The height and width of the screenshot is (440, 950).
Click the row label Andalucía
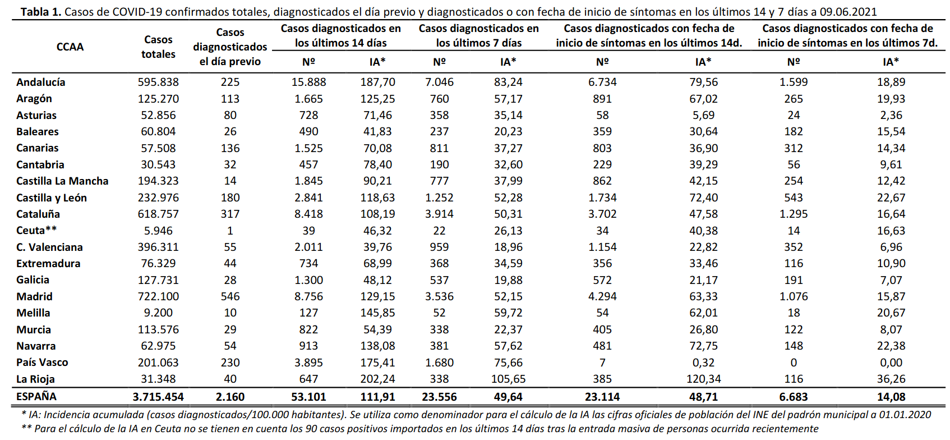coord(40,82)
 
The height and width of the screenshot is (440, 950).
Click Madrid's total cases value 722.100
coord(158,296)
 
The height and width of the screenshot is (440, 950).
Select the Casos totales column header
coord(158,47)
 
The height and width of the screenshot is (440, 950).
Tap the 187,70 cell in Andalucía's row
coord(377,82)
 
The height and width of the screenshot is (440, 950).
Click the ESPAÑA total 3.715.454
coord(158,397)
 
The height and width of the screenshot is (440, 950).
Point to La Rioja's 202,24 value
coord(377,379)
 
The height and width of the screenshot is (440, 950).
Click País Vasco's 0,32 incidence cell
coord(703,363)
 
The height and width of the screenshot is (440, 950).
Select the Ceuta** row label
coord(36,231)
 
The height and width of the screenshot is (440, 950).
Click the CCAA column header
coord(70,47)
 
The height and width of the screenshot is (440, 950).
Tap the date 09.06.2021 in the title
coord(848,12)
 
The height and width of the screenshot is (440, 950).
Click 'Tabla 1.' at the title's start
coord(41,12)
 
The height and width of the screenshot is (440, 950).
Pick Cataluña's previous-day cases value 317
coord(230,214)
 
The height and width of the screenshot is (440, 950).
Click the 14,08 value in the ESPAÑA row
coord(891,397)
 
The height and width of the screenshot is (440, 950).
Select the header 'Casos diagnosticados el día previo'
coord(230,47)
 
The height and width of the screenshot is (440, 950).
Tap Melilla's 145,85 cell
coord(377,313)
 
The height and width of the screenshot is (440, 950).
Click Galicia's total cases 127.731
coord(158,280)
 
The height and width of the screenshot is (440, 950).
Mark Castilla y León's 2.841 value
coord(308,198)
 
